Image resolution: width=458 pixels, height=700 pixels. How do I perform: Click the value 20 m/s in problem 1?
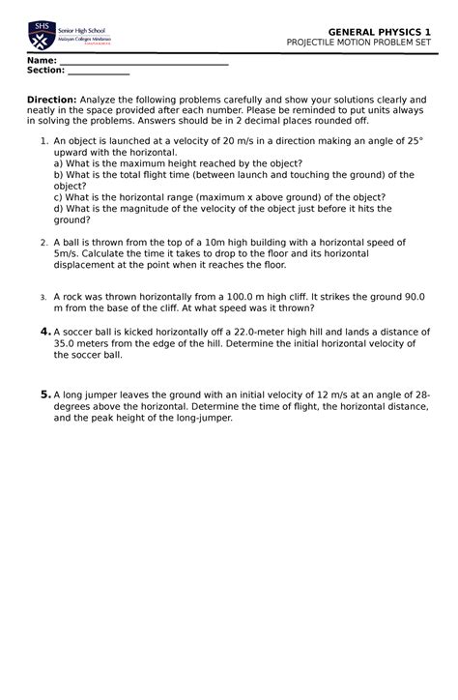(241, 141)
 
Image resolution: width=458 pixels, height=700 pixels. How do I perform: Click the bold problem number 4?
(44, 332)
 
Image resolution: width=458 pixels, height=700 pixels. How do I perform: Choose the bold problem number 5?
(44, 394)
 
